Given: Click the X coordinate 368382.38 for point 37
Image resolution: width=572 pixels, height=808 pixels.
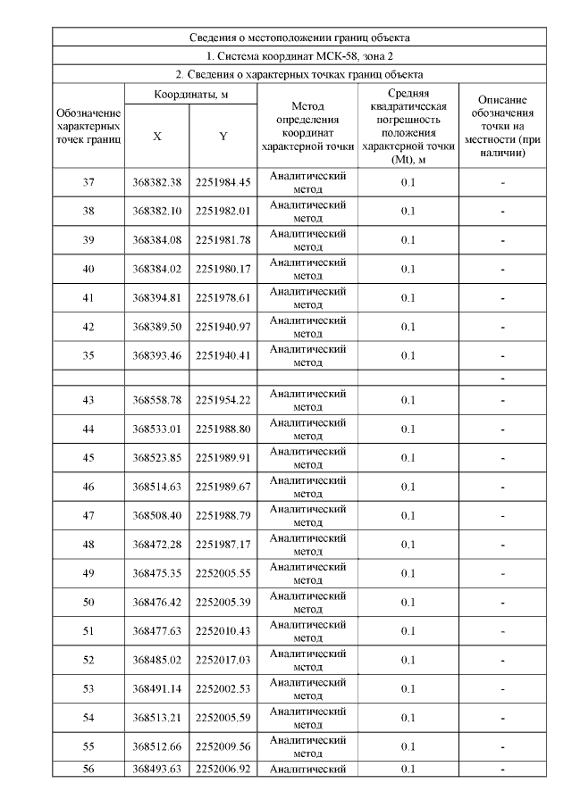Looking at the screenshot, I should (156, 182).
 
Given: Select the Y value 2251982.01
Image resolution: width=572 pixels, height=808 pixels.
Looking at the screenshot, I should (223, 211).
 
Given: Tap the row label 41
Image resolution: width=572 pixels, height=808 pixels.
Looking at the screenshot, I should (88, 297).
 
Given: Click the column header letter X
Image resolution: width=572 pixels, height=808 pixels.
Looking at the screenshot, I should (156, 137).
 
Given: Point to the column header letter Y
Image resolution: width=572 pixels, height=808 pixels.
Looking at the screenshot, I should (223, 137).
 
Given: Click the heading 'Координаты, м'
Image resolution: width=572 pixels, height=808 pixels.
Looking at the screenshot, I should (189, 94).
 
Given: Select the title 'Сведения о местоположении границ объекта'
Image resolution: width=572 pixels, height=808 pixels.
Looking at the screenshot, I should (299, 38).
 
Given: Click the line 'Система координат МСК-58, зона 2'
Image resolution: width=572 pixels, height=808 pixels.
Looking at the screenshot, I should (299, 56).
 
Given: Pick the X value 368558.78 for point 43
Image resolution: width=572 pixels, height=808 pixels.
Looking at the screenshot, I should (156, 400).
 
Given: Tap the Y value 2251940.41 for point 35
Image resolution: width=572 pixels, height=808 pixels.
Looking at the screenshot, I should (223, 355).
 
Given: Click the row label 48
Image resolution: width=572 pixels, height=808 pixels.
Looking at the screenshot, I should (88, 545).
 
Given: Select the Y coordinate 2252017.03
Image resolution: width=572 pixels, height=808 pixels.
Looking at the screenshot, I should (223, 660).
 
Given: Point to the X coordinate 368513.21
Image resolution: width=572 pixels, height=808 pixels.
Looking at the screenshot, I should (156, 718).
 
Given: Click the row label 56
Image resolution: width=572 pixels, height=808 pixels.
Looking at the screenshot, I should (88, 769).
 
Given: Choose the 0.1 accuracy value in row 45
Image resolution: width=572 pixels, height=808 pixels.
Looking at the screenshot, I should (408, 458).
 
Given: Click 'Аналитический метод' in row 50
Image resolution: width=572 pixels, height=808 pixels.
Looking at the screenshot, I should (307, 602).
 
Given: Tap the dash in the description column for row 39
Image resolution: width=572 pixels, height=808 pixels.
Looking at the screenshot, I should (503, 240).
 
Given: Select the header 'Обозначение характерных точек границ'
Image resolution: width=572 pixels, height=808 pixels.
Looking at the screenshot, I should (88, 126).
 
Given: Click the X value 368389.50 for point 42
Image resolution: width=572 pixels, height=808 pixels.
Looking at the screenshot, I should (156, 327).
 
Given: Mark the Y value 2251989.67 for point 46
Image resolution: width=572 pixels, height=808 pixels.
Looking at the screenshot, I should (223, 487).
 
